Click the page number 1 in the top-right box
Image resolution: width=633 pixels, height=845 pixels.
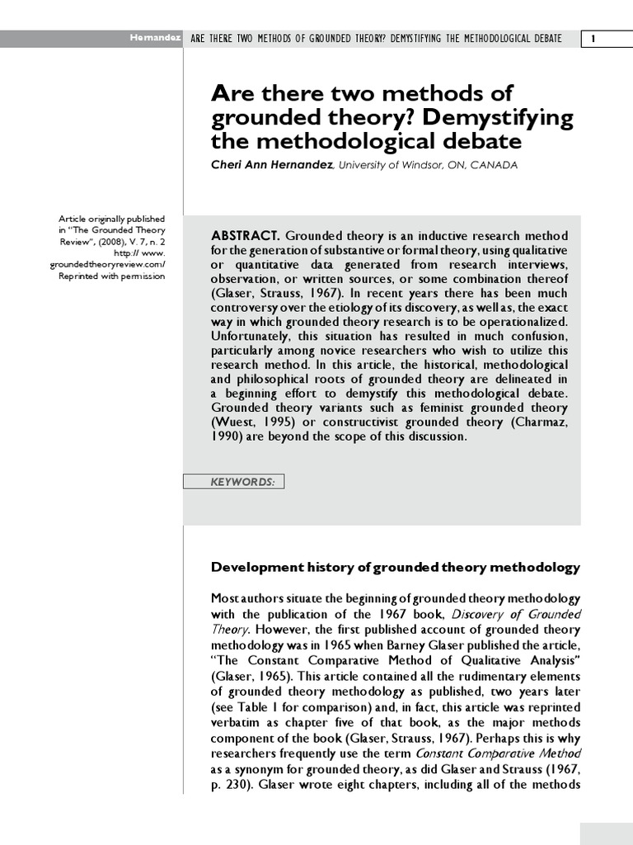(x=606, y=39)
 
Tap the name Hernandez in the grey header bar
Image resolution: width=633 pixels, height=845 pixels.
(x=155, y=39)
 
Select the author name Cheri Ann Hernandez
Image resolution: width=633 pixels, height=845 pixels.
(x=272, y=165)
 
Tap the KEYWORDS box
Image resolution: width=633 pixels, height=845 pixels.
(x=233, y=482)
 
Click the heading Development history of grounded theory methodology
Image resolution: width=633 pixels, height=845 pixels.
(x=396, y=568)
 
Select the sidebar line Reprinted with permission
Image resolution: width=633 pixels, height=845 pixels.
(x=111, y=276)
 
